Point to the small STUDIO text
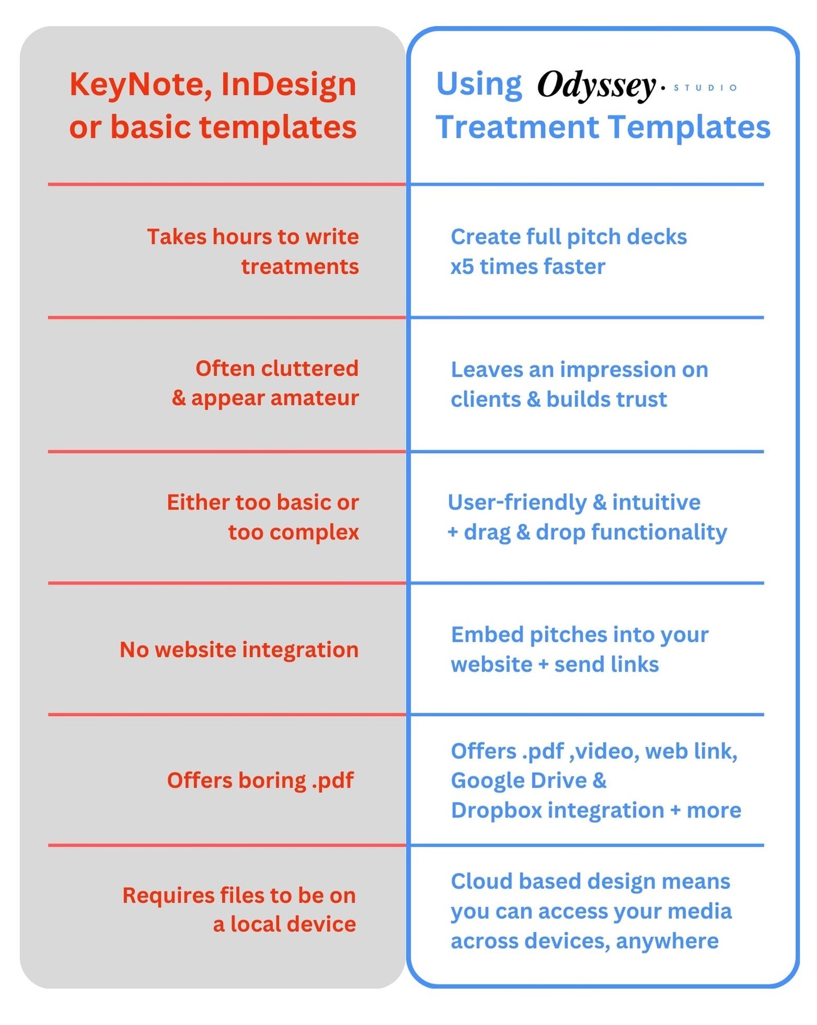[x=705, y=88]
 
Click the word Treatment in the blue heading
[x=517, y=127]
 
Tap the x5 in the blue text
[x=462, y=267]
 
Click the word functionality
[x=659, y=532]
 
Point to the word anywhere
[x=667, y=941]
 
